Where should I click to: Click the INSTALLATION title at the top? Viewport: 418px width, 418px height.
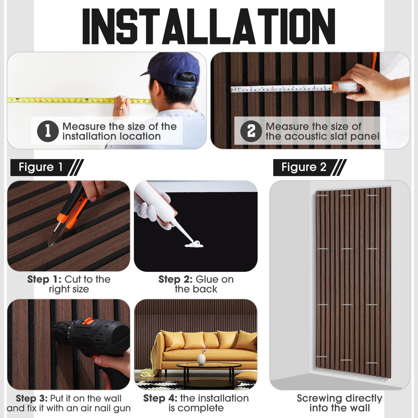click(x=209, y=27)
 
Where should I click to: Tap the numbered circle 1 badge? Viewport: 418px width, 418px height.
click(x=48, y=131)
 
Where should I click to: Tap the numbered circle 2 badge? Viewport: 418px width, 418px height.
click(x=251, y=131)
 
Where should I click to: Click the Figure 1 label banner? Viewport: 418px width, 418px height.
click(x=46, y=167)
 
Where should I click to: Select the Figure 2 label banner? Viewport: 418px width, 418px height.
click(x=310, y=167)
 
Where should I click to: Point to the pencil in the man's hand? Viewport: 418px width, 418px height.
click(x=123, y=104)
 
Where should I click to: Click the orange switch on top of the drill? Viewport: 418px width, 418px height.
click(x=88, y=321)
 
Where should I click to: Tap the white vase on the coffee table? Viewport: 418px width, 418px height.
click(x=201, y=359)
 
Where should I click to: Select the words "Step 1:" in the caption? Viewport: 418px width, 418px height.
click(x=44, y=279)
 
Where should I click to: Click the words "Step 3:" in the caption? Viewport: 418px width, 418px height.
click(x=32, y=398)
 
